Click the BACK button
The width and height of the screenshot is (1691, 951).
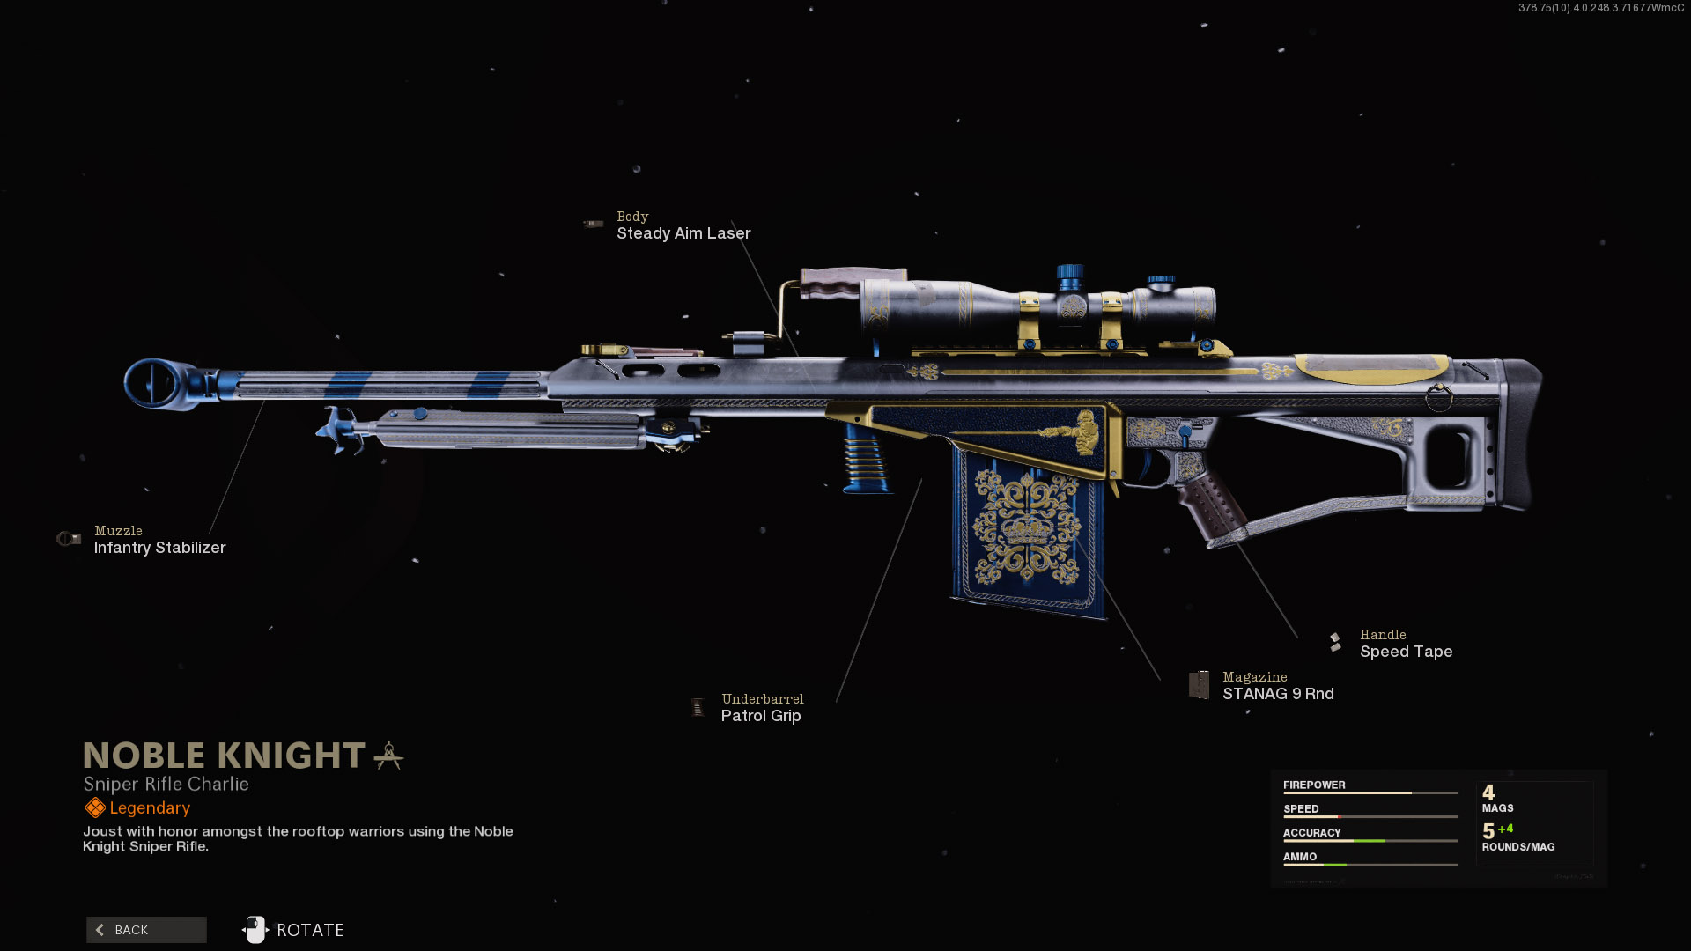click(146, 930)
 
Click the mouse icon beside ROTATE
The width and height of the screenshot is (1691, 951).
click(255, 930)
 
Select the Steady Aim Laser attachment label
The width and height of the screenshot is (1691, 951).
click(683, 233)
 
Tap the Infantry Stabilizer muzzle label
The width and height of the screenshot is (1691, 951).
click(159, 548)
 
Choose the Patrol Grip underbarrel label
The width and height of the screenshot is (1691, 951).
click(761, 716)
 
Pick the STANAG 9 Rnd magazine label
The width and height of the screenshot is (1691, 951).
click(1278, 694)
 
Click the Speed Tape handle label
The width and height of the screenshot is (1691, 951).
click(1406, 652)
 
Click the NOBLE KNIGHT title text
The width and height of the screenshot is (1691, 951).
click(224, 756)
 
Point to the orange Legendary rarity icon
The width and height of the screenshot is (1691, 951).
click(95, 807)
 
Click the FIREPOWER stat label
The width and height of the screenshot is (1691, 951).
click(1314, 785)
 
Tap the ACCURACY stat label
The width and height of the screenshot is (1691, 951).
click(1311, 833)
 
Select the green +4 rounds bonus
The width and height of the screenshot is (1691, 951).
click(1505, 829)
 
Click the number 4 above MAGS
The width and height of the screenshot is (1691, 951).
click(1488, 792)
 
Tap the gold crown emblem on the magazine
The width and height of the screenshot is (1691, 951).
click(1027, 528)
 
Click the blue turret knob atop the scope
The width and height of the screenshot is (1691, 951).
click(1070, 276)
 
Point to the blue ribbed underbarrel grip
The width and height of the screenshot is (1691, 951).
click(864, 458)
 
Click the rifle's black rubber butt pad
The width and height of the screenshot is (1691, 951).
click(1523, 431)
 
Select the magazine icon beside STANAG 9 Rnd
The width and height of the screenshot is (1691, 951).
click(1199, 685)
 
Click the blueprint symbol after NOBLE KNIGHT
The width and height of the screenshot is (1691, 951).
click(388, 756)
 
